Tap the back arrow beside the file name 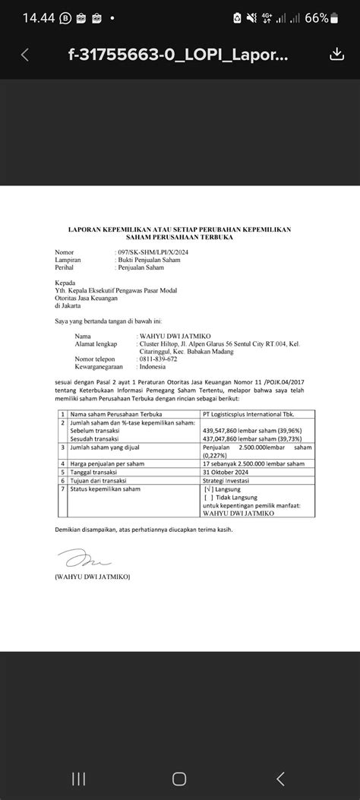25,55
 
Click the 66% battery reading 338,17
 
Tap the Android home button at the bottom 179,778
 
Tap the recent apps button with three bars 78,778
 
